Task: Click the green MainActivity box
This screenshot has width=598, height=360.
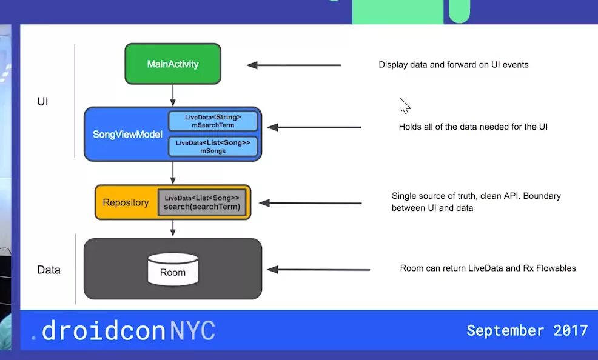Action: click(173, 64)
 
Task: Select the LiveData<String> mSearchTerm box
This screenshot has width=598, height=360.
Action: click(213, 121)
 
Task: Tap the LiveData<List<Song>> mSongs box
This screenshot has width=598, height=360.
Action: click(213, 146)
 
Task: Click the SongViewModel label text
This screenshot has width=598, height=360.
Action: click(127, 134)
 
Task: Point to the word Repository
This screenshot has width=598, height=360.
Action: click(126, 202)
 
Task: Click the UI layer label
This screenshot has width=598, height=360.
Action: click(42, 102)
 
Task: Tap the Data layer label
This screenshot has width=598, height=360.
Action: click(49, 270)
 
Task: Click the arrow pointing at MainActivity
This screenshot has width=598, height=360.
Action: click(294, 65)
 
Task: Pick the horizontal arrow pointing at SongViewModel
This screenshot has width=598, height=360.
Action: click(314, 127)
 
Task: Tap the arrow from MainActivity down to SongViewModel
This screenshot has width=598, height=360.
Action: click(173, 95)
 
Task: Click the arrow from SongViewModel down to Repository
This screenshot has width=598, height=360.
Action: click(173, 173)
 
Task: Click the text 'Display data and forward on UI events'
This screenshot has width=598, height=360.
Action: click(454, 65)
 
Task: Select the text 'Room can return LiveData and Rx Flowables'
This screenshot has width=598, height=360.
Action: click(488, 268)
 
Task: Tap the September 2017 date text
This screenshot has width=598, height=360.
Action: click(527, 330)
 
